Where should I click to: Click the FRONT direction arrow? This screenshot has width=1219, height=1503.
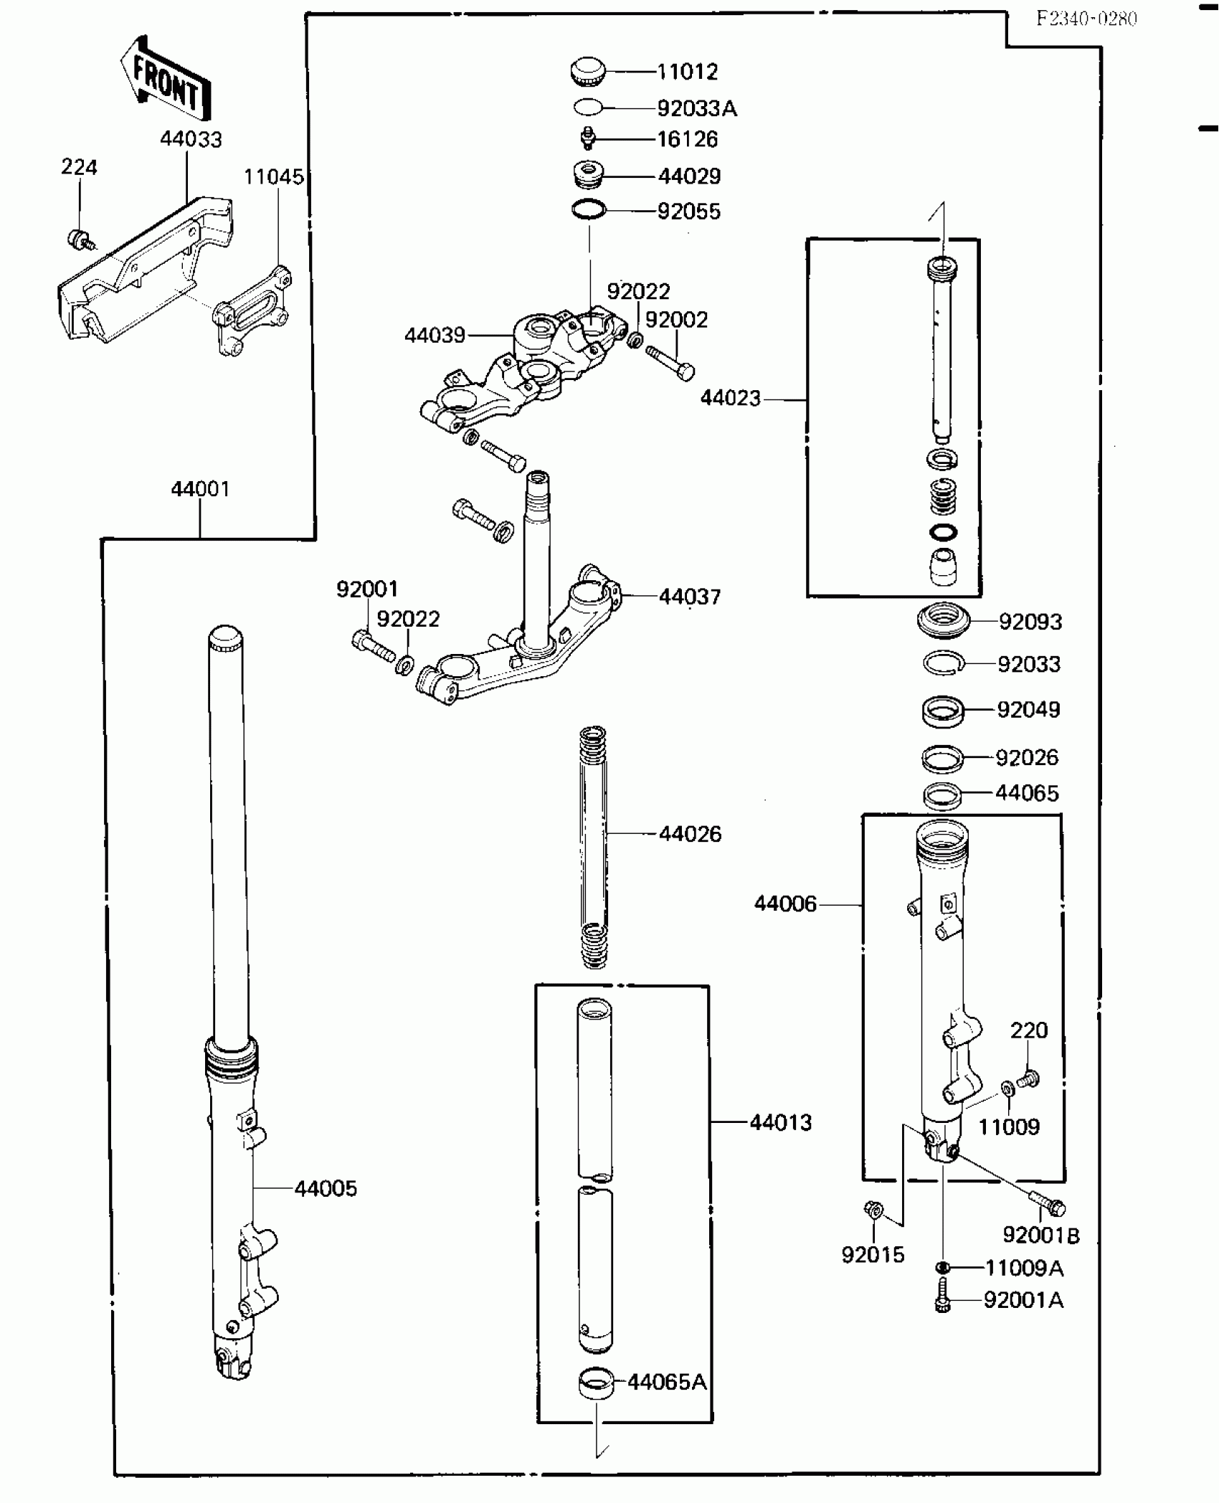click(x=166, y=79)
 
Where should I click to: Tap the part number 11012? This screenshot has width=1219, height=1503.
click(x=687, y=72)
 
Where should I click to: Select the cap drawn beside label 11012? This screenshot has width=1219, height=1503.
click(x=588, y=72)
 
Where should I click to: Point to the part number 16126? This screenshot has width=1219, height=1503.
click(x=687, y=139)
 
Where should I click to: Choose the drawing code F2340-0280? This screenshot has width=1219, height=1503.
click(x=1086, y=19)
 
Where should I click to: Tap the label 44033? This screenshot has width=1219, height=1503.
click(x=191, y=139)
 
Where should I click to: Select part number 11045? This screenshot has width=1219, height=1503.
click(x=273, y=176)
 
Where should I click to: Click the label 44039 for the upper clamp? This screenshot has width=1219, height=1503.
click(x=435, y=335)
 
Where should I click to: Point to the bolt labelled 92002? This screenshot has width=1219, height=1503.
click(x=670, y=362)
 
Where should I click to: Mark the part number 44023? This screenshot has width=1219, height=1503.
click(x=730, y=398)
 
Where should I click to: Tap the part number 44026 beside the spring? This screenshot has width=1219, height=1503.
click(x=690, y=833)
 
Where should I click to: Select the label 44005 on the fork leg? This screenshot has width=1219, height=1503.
click(x=326, y=1188)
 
